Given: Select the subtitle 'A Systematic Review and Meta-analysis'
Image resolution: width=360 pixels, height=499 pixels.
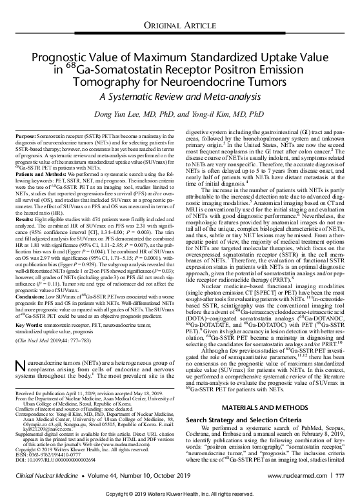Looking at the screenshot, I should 180,94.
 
